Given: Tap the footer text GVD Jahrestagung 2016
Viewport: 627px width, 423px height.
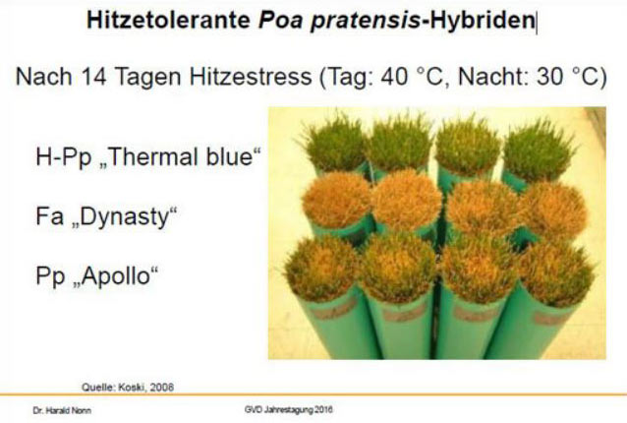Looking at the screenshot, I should (290, 408).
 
